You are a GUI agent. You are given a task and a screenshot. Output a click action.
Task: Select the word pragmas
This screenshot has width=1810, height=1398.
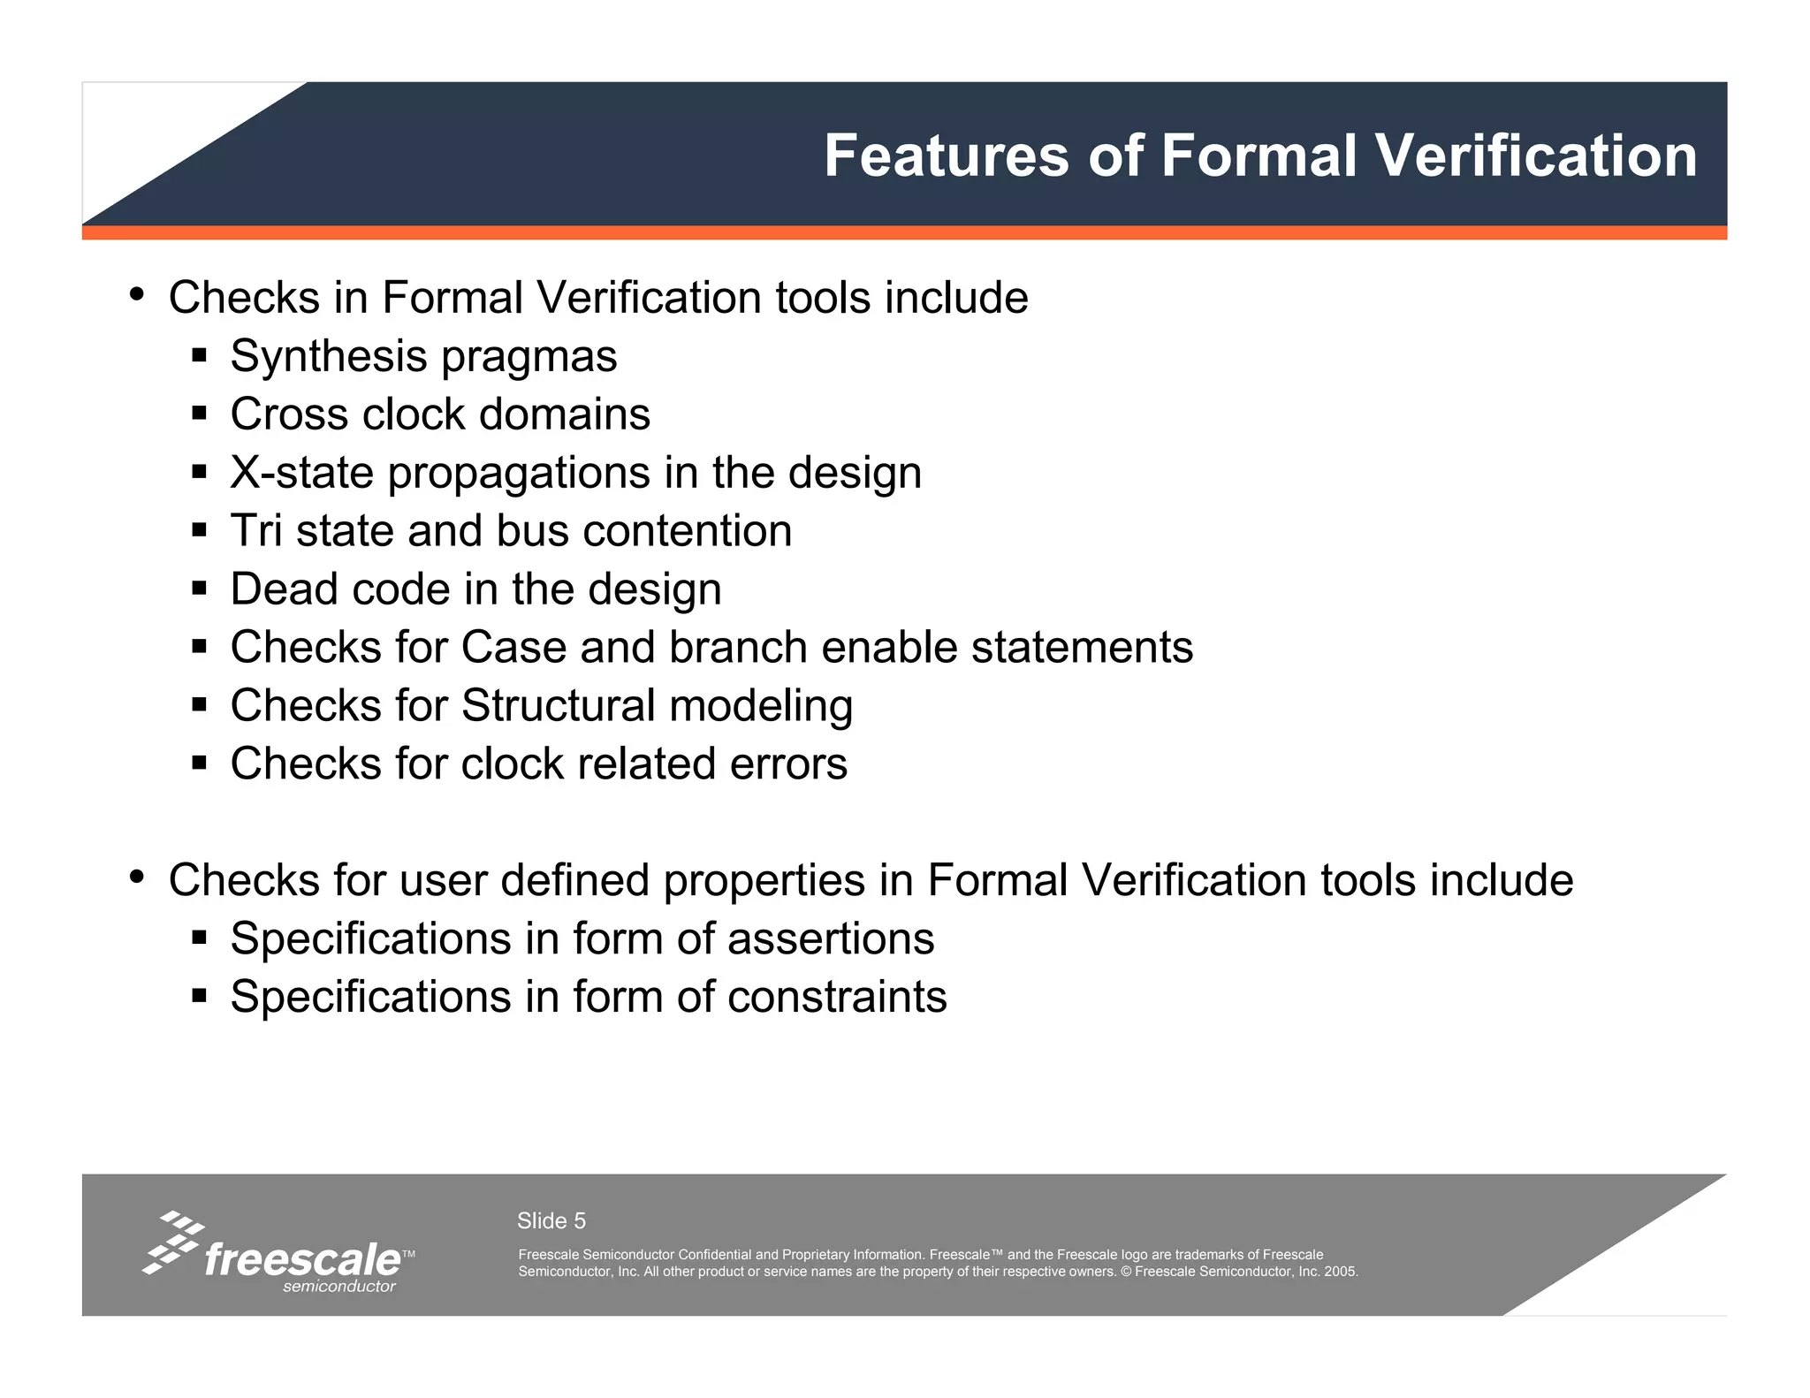tap(529, 357)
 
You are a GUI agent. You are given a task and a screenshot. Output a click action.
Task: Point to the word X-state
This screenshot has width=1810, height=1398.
tap(302, 473)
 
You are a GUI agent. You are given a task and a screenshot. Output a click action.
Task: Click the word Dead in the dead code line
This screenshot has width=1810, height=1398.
tap(284, 589)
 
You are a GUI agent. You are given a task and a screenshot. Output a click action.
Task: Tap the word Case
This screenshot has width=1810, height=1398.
tap(513, 648)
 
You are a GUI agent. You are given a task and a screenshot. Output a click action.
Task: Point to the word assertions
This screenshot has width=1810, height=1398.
tap(831, 938)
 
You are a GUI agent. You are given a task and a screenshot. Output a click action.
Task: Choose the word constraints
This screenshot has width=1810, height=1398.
tap(837, 997)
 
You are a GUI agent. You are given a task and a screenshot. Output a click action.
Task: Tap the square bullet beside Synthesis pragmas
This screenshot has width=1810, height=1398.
tap(199, 356)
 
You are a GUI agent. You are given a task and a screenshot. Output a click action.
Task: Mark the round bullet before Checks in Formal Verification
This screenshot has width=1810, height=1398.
tap(136, 294)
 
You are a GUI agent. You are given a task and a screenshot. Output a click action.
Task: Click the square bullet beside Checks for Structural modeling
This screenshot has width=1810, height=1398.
tap(199, 705)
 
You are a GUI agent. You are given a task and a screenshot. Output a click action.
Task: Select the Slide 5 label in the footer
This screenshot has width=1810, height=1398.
tap(551, 1220)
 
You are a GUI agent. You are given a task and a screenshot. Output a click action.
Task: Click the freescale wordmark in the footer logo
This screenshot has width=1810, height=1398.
tap(302, 1258)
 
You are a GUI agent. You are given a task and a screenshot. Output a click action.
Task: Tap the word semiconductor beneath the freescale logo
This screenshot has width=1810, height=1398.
tap(339, 1287)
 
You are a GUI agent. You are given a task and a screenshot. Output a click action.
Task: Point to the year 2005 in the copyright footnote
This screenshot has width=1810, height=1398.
tap(1340, 1272)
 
